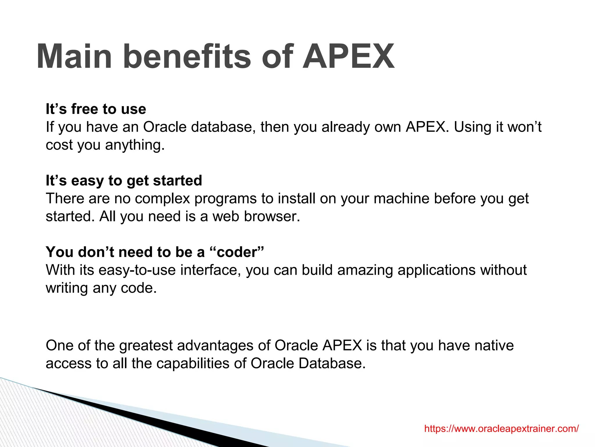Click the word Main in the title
click(74, 56)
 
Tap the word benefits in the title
click(187, 56)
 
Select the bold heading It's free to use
click(96, 109)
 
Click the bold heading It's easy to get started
click(124, 180)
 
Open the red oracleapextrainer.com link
click(501, 428)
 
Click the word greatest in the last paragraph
click(146, 345)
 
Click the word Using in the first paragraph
click(471, 127)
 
